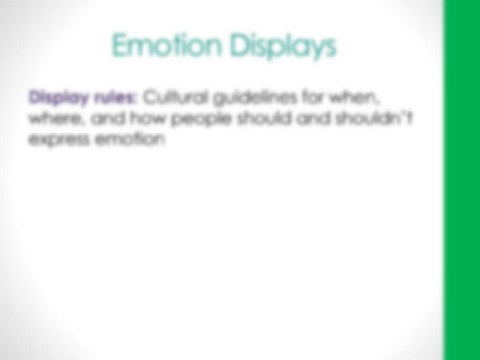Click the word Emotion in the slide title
coord(166,45)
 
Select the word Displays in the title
coord(283,46)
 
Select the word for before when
coord(314,98)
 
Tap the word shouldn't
coord(375,118)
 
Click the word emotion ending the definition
coord(131,139)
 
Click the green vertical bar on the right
coord(462,180)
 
